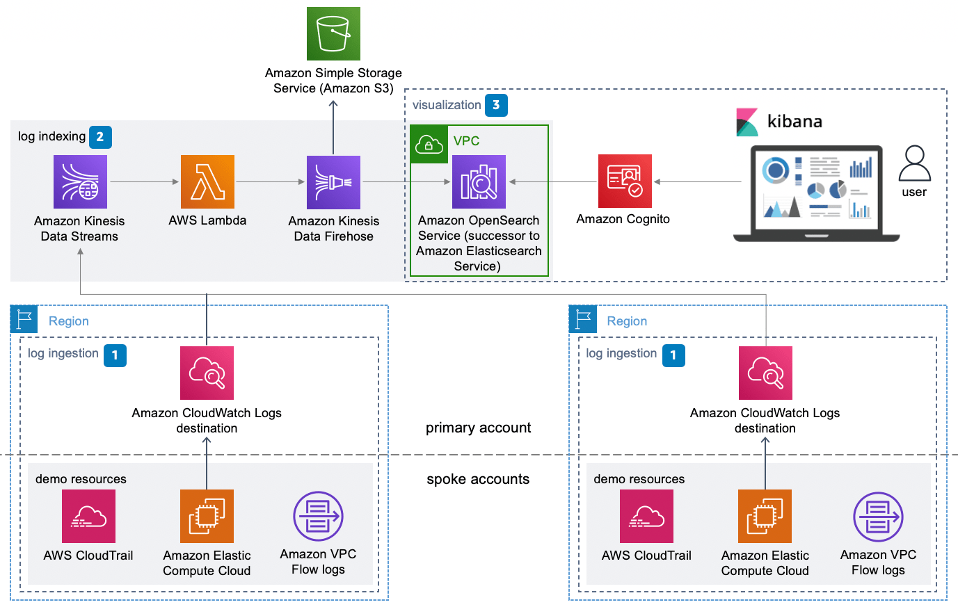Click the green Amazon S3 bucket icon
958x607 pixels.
(x=333, y=33)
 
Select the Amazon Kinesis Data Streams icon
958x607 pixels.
(x=80, y=181)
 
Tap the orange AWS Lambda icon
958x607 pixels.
(x=207, y=181)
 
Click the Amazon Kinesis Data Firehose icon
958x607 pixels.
(x=333, y=182)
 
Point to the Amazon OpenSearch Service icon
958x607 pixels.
(x=479, y=181)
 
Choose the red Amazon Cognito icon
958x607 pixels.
(x=625, y=181)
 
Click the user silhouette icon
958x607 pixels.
(x=914, y=164)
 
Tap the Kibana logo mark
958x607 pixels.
(x=747, y=122)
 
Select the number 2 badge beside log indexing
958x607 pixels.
(x=100, y=137)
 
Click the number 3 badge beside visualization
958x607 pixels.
(x=496, y=105)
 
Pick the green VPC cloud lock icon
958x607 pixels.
(x=429, y=145)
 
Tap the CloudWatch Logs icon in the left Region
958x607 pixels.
(x=207, y=373)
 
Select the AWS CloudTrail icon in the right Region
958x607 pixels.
(x=646, y=516)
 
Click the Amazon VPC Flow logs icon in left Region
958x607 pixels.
(x=318, y=516)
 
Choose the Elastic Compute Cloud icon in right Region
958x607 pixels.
(x=765, y=516)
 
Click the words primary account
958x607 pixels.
(x=478, y=428)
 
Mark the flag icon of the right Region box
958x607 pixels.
(x=582, y=319)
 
